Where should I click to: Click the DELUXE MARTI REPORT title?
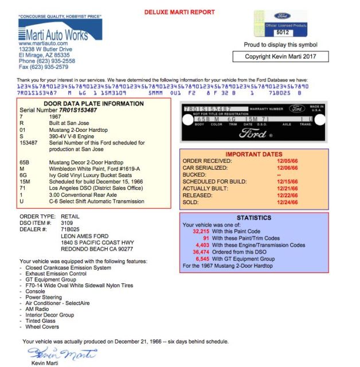click(179, 12)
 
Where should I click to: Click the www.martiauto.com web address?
click(40, 44)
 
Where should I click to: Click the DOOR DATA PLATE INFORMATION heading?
click(94, 104)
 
